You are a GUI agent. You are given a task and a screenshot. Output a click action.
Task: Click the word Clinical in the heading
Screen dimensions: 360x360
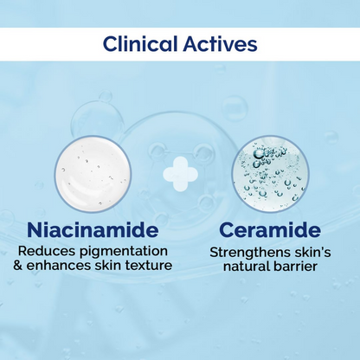click(x=145, y=43)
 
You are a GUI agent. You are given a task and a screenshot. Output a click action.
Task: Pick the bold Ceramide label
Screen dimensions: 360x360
click(x=269, y=231)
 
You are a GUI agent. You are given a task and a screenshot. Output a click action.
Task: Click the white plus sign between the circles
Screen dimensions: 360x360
click(x=180, y=174)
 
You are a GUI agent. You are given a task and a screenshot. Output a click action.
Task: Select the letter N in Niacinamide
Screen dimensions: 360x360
click(x=36, y=231)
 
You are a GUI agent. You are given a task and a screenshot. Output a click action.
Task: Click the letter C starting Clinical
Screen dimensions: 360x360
click(x=110, y=43)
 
